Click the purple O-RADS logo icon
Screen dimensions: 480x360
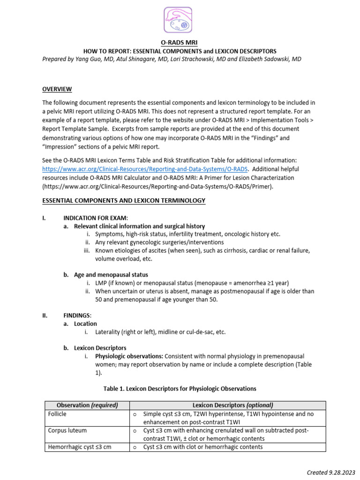click(178, 20)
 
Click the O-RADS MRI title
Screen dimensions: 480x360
click(180, 43)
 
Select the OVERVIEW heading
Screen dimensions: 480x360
click(57, 89)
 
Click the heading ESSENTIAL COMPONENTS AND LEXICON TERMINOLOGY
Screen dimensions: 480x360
click(124, 201)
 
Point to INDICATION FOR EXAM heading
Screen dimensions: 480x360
click(95, 218)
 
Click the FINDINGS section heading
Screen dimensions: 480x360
click(78, 315)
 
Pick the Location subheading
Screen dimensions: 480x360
click(85, 323)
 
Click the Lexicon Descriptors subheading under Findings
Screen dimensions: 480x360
click(100, 348)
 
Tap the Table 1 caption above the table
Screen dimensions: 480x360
click(180, 389)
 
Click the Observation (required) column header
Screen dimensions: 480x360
click(87, 405)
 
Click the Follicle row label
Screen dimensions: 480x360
click(57, 414)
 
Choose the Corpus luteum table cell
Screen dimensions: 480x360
click(67, 430)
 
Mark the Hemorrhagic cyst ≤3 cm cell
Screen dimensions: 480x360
click(80, 447)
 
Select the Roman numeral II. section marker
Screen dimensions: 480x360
click(45, 315)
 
